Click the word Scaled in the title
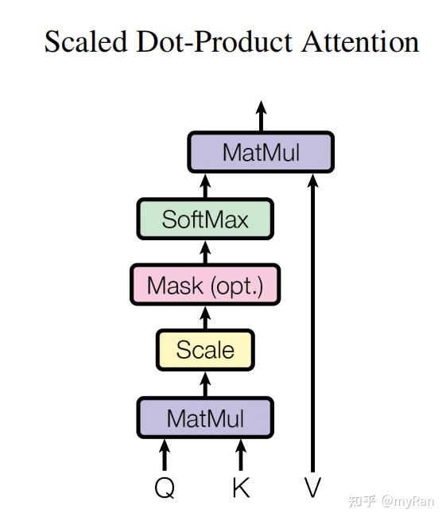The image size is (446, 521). pyautogui.click(x=86, y=41)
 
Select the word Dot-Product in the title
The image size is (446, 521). pyautogui.click(x=214, y=41)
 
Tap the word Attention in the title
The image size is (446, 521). pyautogui.click(x=360, y=41)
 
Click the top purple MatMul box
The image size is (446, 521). pyautogui.click(x=261, y=152)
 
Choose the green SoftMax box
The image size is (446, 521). pyautogui.click(x=205, y=219)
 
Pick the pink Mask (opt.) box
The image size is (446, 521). pyautogui.click(x=205, y=285)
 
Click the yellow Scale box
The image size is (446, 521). pyautogui.click(x=205, y=350)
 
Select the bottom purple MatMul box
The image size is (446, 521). pyautogui.click(x=205, y=418)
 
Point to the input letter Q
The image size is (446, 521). pyautogui.click(x=165, y=488)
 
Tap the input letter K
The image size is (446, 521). pyautogui.click(x=241, y=487)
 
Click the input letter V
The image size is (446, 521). pyautogui.click(x=312, y=487)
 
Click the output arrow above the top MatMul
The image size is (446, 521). pyautogui.click(x=261, y=116)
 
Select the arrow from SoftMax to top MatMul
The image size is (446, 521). pyautogui.click(x=205, y=186)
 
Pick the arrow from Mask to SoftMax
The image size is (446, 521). pyautogui.click(x=205, y=252)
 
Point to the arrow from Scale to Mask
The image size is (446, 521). pyautogui.click(x=205, y=317)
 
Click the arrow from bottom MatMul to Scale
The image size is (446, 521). pyautogui.click(x=205, y=384)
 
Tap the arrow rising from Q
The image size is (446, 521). pyautogui.click(x=165, y=454)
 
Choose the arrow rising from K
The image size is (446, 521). pyautogui.click(x=241, y=454)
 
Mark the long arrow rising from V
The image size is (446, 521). pyautogui.click(x=312, y=323)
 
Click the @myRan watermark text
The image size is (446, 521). pyautogui.click(x=408, y=501)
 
